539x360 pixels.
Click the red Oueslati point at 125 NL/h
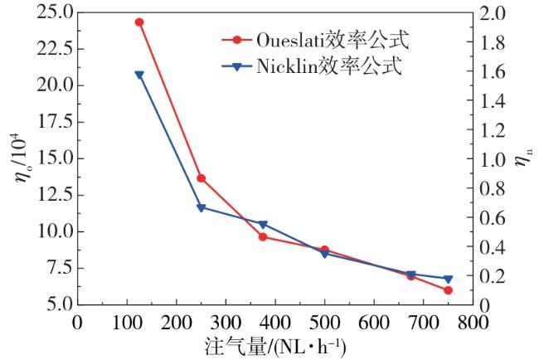[x=139, y=22]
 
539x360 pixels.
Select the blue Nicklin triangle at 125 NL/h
[x=139, y=75]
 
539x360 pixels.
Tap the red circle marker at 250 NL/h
[x=201, y=178]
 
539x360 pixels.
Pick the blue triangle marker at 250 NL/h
[x=201, y=207]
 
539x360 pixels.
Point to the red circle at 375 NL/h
[x=263, y=236]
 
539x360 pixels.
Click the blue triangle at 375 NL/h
[x=263, y=225]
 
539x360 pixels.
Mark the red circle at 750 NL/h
[x=448, y=290]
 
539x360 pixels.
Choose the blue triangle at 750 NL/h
[x=448, y=279]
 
